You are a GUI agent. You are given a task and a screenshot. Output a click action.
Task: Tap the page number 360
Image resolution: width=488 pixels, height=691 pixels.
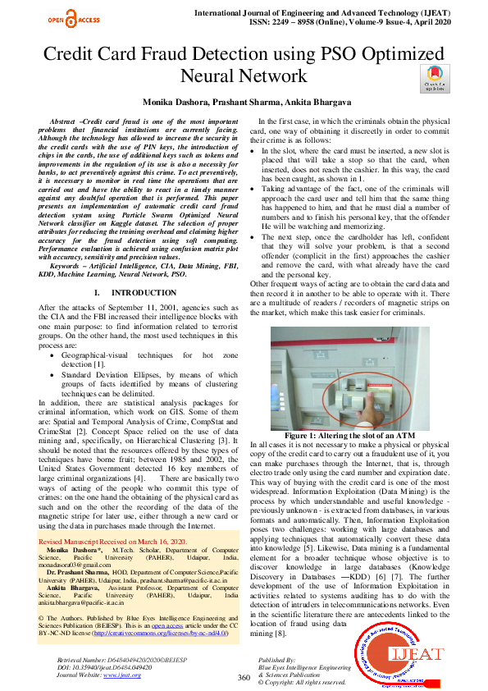click(x=243, y=677)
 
